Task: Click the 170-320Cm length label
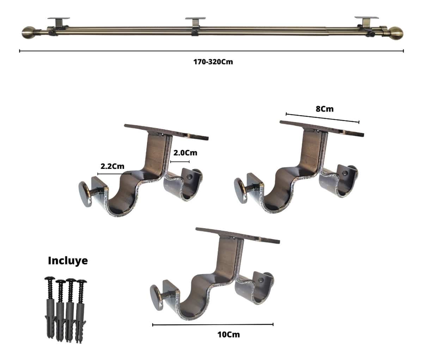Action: coord(213,62)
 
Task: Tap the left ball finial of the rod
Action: coord(29,32)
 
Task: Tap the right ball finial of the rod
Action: coord(397,33)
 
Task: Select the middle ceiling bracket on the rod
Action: coord(196,26)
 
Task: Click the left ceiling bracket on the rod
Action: coord(59,26)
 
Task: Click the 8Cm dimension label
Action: coord(325,109)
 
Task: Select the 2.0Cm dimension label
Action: coord(185,153)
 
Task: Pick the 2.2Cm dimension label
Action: coord(112,166)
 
